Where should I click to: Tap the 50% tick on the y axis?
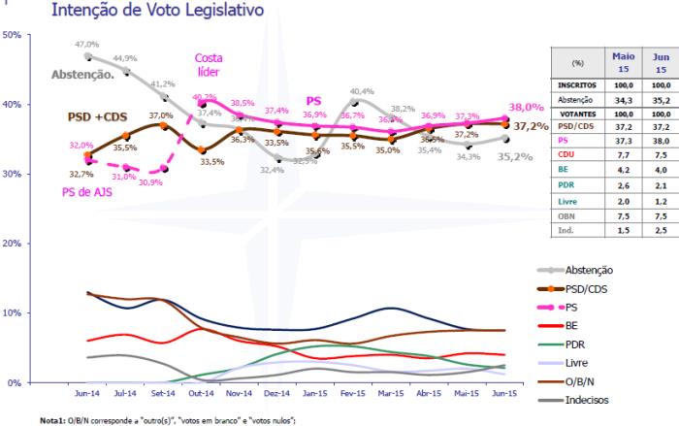coord(13,35)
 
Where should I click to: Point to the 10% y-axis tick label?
coord(13,313)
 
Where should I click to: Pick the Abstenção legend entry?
coord(594,270)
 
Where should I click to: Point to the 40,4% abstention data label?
coord(362,92)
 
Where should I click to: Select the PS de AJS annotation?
coord(79,191)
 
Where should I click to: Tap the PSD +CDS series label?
coord(98,116)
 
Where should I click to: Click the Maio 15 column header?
coord(625,63)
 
